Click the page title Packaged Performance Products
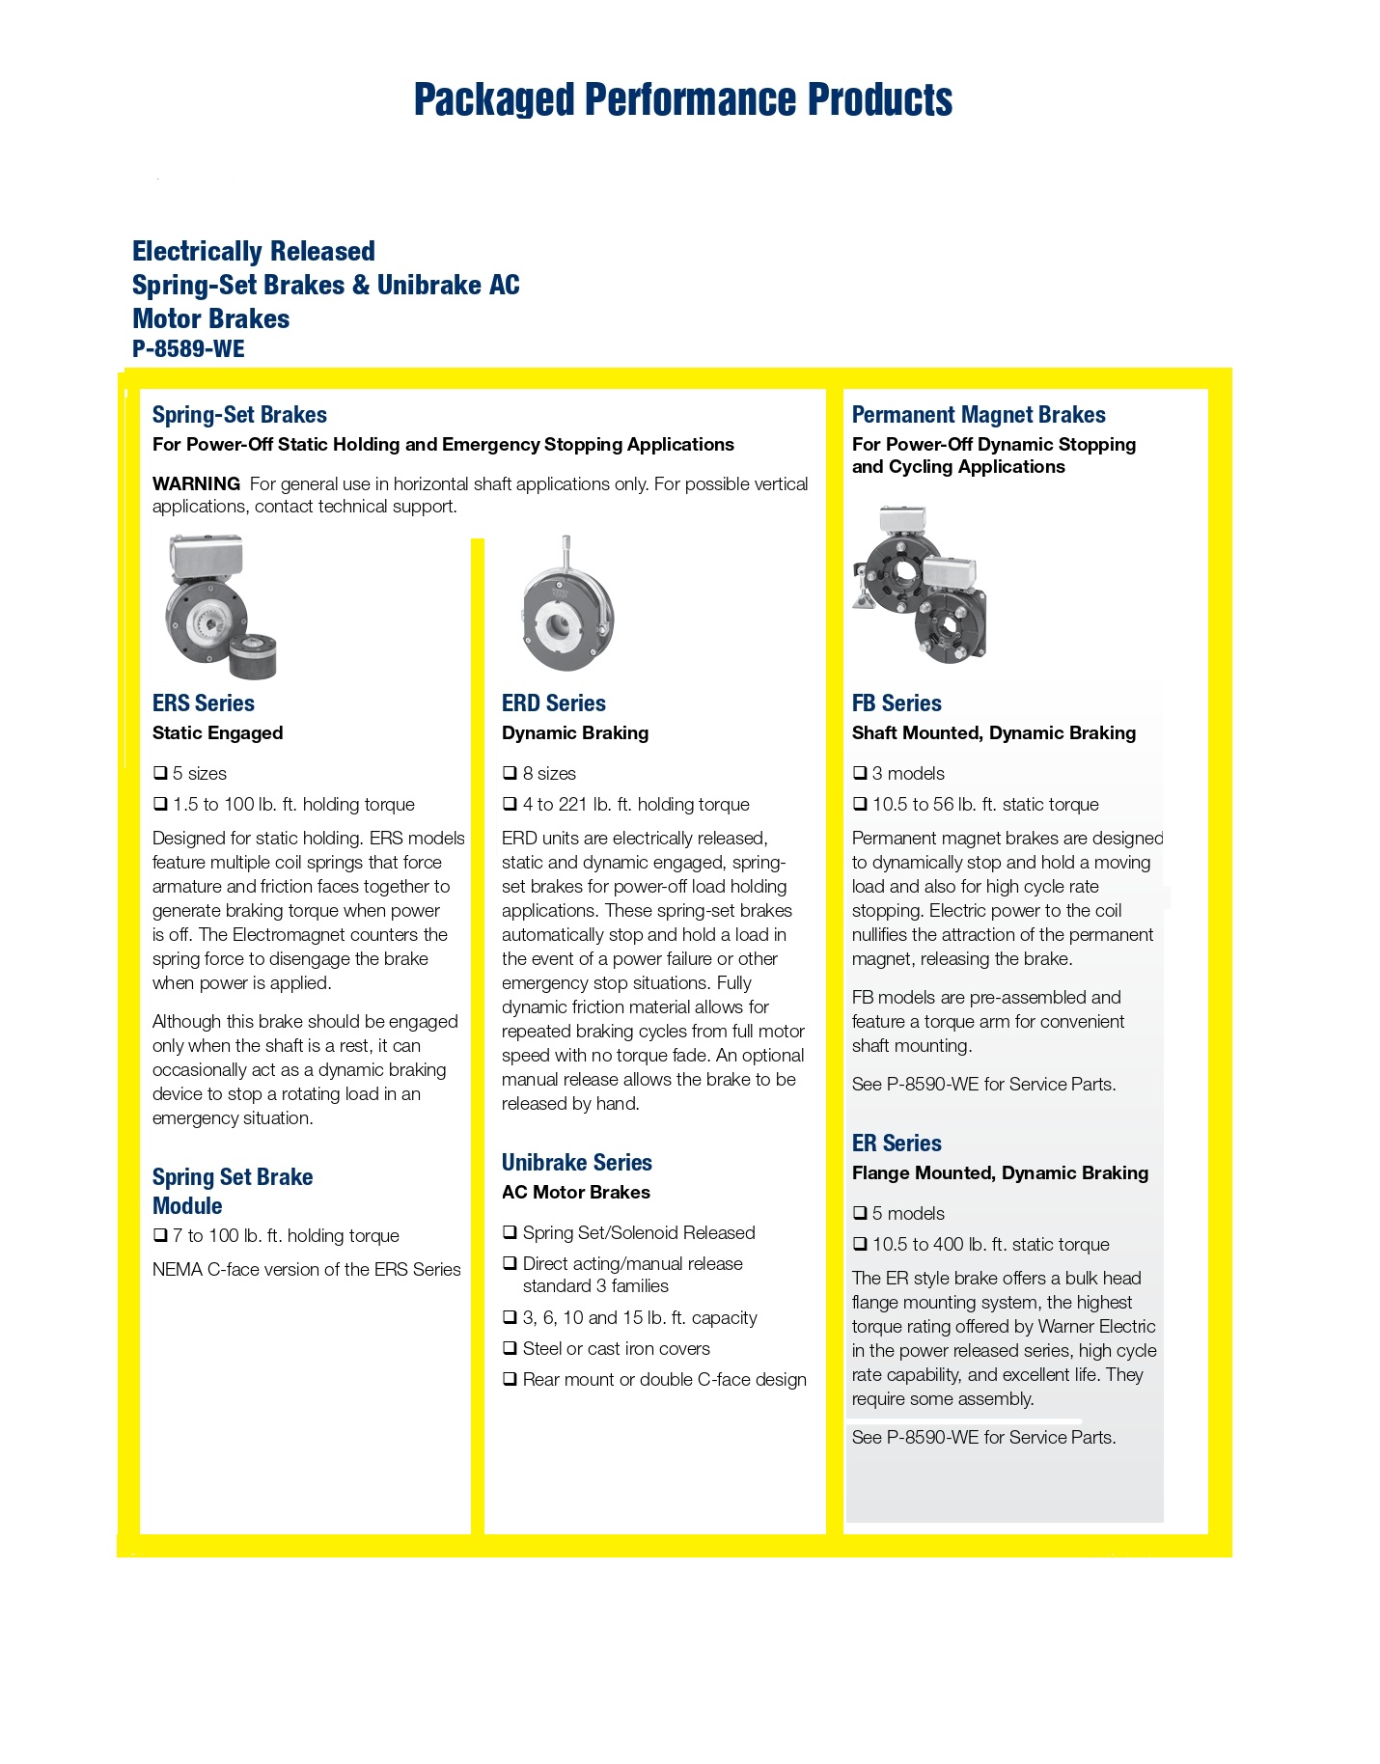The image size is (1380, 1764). (x=683, y=99)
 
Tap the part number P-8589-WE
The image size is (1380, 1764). (x=188, y=349)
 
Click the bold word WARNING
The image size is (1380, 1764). (x=196, y=483)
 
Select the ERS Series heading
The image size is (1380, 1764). (x=204, y=703)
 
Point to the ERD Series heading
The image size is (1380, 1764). (x=554, y=703)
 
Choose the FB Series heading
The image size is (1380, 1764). (x=897, y=703)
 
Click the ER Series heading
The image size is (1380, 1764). (x=897, y=1144)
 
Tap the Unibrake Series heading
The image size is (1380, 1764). (x=577, y=1163)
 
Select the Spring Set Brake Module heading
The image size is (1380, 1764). (x=233, y=1191)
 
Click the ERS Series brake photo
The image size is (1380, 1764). (x=220, y=606)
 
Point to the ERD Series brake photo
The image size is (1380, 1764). (x=567, y=605)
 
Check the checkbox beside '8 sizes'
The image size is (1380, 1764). (x=511, y=773)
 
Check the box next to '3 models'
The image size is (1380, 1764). (x=860, y=773)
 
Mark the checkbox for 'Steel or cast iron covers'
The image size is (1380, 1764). (x=511, y=1348)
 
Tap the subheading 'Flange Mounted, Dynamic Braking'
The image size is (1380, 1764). (x=1000, y=1173)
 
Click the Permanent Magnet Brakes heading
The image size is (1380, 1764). (x=979, y=415)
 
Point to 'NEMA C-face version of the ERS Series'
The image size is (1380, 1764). (x=307, y=1270)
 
